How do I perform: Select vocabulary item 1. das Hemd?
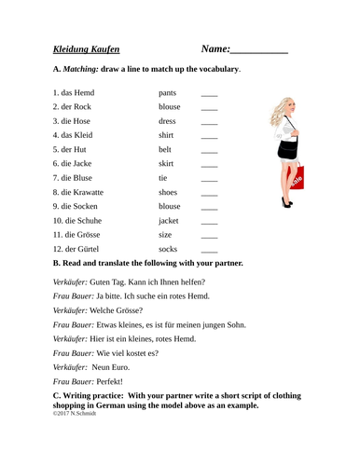[74, 93]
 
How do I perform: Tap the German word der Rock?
[76, 106]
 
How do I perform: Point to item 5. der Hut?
[73, 149]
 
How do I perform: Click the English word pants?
[168, 93]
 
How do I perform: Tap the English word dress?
[168, 121]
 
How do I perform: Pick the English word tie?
[163, 177]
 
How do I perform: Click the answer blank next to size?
[209, 237]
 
